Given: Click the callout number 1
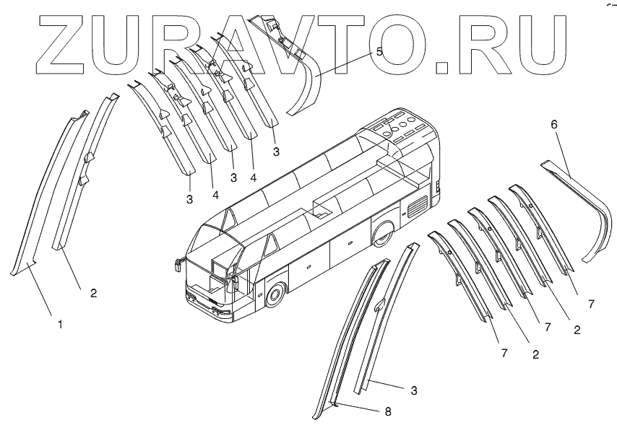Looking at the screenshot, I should [61, 325].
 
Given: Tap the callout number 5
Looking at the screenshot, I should [379, 53].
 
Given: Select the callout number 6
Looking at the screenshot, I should [554, 124].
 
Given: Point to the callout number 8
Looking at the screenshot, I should [387, 412].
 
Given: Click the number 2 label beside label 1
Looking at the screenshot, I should [93, 293].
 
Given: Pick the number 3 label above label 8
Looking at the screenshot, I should [414, 390].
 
